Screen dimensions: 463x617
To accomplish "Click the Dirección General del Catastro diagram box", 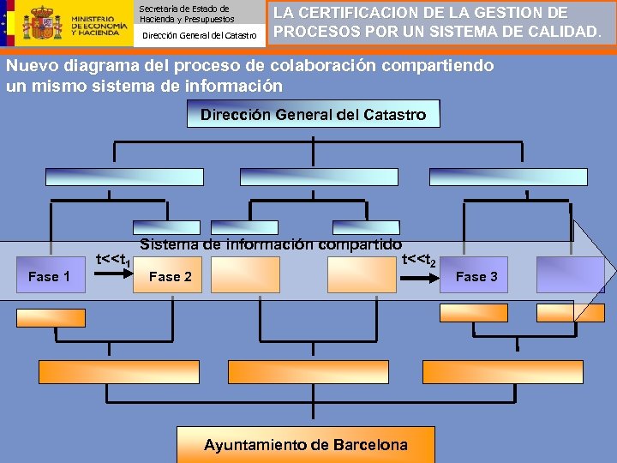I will point(313,114).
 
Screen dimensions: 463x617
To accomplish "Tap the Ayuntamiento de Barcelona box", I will point(306,445).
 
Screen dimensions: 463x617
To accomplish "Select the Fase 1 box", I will point(50,276).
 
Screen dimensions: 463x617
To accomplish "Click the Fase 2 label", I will point(170,276).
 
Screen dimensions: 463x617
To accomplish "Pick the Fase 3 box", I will point(476,276).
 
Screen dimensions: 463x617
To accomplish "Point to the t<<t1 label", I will point(113,258).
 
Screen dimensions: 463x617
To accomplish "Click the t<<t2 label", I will point(419,258).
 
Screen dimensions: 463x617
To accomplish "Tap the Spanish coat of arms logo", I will point(42,23).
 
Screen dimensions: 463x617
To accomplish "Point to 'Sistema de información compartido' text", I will point(271,244).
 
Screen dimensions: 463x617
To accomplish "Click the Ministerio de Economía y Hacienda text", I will point(96,26).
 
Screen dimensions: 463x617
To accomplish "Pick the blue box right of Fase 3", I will point(570,276).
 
